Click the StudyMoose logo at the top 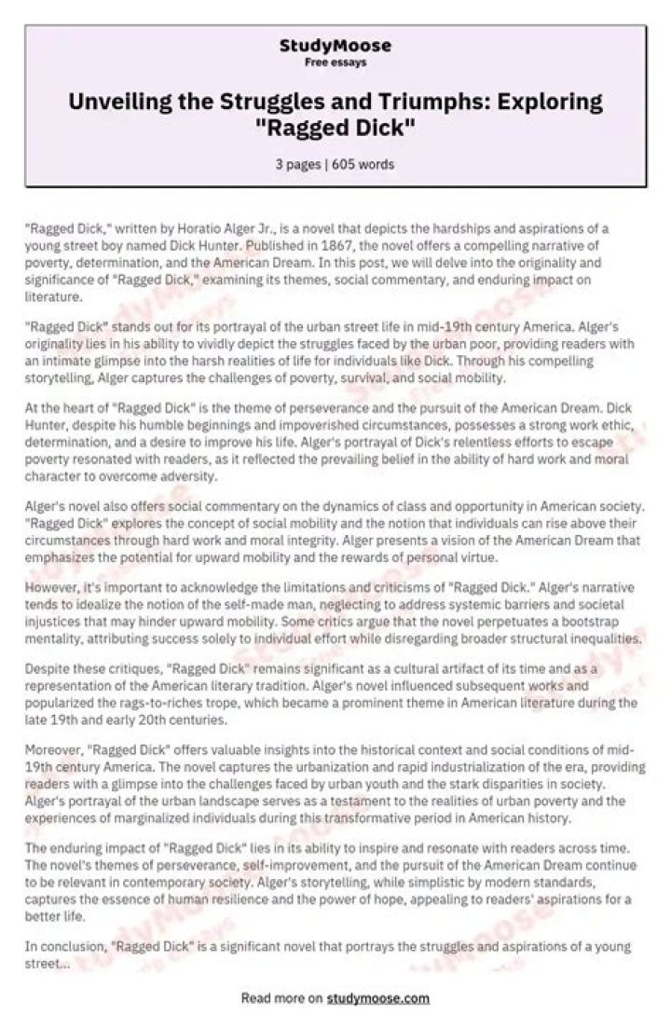[335, 47]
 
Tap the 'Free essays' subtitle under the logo [335, 62]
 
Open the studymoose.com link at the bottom [377, 997]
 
